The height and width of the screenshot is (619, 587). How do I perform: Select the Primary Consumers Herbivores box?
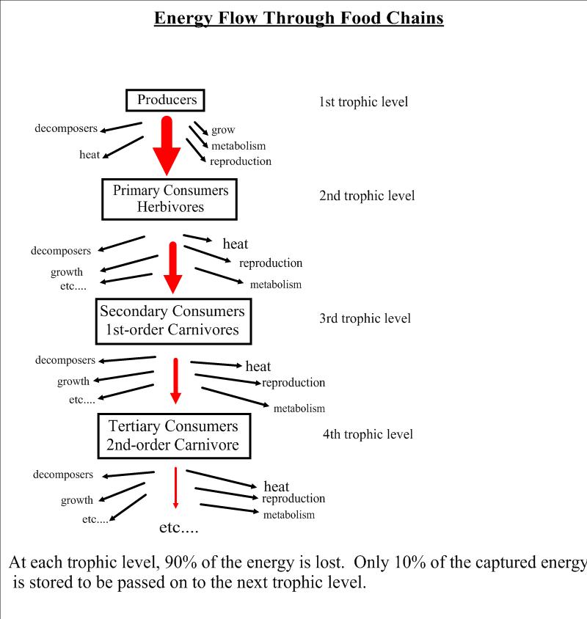pyautogui.click(x=170, y=199)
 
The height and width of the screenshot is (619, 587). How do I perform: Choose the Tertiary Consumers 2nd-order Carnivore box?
pyautogui.click(x=173, y=435)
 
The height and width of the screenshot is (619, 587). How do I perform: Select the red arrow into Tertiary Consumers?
pyautogui.click(x=175, y=380)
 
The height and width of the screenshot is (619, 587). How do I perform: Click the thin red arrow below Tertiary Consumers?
pyautogui.click(x=175, y=487)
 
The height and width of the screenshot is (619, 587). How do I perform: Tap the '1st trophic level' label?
pyautogui.click(x=362, y=102)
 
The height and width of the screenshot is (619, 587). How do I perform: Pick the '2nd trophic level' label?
pyautogui.click(x=367, y=196)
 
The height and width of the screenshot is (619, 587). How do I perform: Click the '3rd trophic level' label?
pyautogui.click(x=365, y=318)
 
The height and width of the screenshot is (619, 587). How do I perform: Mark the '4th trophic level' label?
pyautogui.click(x=368, y=434)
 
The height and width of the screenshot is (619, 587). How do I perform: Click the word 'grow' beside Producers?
pyautogui.click(x=223, y=131)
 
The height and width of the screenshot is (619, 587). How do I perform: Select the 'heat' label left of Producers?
pyautogui.click(x=90, y=155)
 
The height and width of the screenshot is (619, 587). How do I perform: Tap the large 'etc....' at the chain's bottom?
pyautogui.click(x=179, y=527)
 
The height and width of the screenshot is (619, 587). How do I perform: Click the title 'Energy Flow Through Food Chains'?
pyautogui.click(x=299, y=18)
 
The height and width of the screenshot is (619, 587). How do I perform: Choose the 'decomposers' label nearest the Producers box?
pyautogui.click(x=66, y=129)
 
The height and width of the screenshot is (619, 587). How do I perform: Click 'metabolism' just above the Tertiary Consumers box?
pyautogui.click(x=299, y=409)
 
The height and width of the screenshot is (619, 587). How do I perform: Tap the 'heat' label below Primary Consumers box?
pyautogui.click(x=235, y=244)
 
